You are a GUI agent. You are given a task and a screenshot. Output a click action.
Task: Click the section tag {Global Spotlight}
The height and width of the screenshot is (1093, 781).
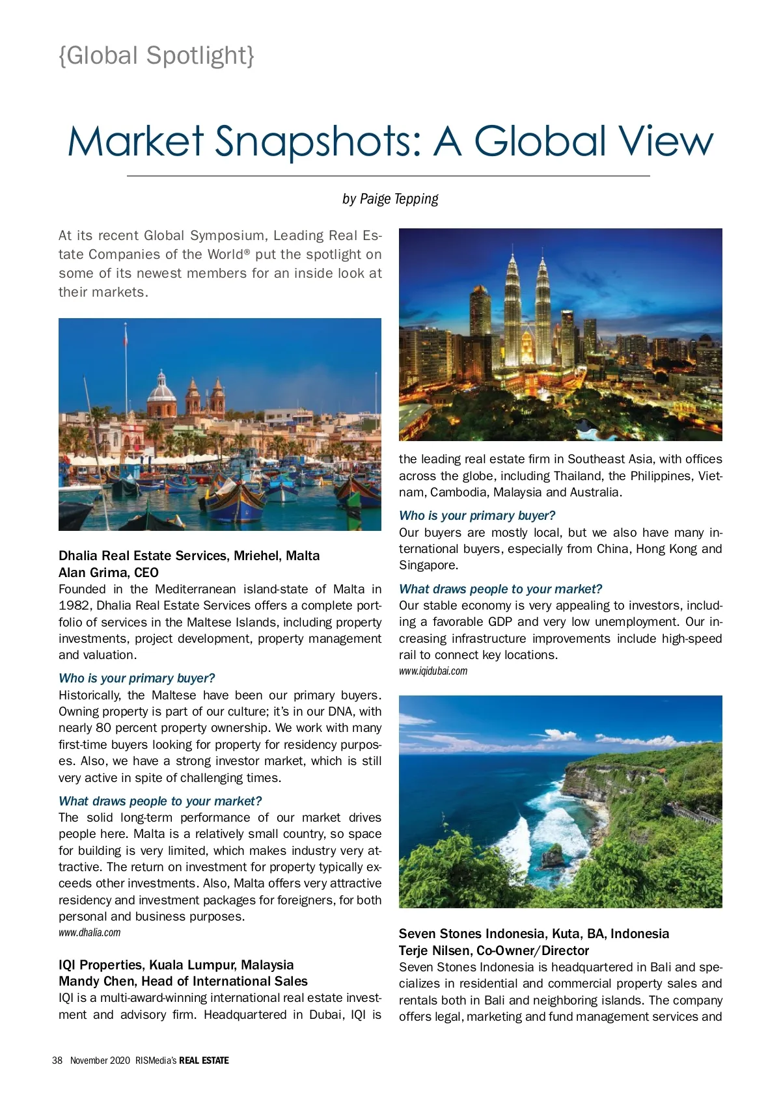pos(156,56)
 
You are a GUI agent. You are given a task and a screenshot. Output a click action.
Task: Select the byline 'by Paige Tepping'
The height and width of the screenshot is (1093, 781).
pos(390,199)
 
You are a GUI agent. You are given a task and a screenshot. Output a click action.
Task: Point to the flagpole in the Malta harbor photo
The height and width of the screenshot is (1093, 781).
pos(126,371)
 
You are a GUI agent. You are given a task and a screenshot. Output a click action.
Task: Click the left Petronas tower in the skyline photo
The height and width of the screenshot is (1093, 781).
pos(512,306)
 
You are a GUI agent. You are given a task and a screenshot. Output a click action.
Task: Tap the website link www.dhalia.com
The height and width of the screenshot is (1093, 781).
pos(89,933)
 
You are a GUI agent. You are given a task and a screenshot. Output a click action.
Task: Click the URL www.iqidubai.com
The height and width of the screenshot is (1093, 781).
pos(433,671)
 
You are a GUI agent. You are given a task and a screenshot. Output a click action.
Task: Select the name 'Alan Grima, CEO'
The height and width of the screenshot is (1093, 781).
pos(109,573)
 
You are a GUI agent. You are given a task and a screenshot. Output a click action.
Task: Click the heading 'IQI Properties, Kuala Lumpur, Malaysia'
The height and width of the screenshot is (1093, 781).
pos(176,965)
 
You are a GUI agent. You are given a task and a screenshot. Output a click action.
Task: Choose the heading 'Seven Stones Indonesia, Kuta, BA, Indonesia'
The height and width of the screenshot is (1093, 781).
pos(534,934)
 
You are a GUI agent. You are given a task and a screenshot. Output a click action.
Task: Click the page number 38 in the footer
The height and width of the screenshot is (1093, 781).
pos(57,1060)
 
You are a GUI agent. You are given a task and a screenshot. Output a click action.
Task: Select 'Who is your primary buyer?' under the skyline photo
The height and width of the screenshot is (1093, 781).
pos(477,516)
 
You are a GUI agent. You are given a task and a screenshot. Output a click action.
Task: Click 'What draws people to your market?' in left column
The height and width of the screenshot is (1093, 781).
pos(160,802)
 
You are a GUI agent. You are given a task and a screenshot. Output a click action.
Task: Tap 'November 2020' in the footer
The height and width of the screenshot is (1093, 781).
pos(100,1060)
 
